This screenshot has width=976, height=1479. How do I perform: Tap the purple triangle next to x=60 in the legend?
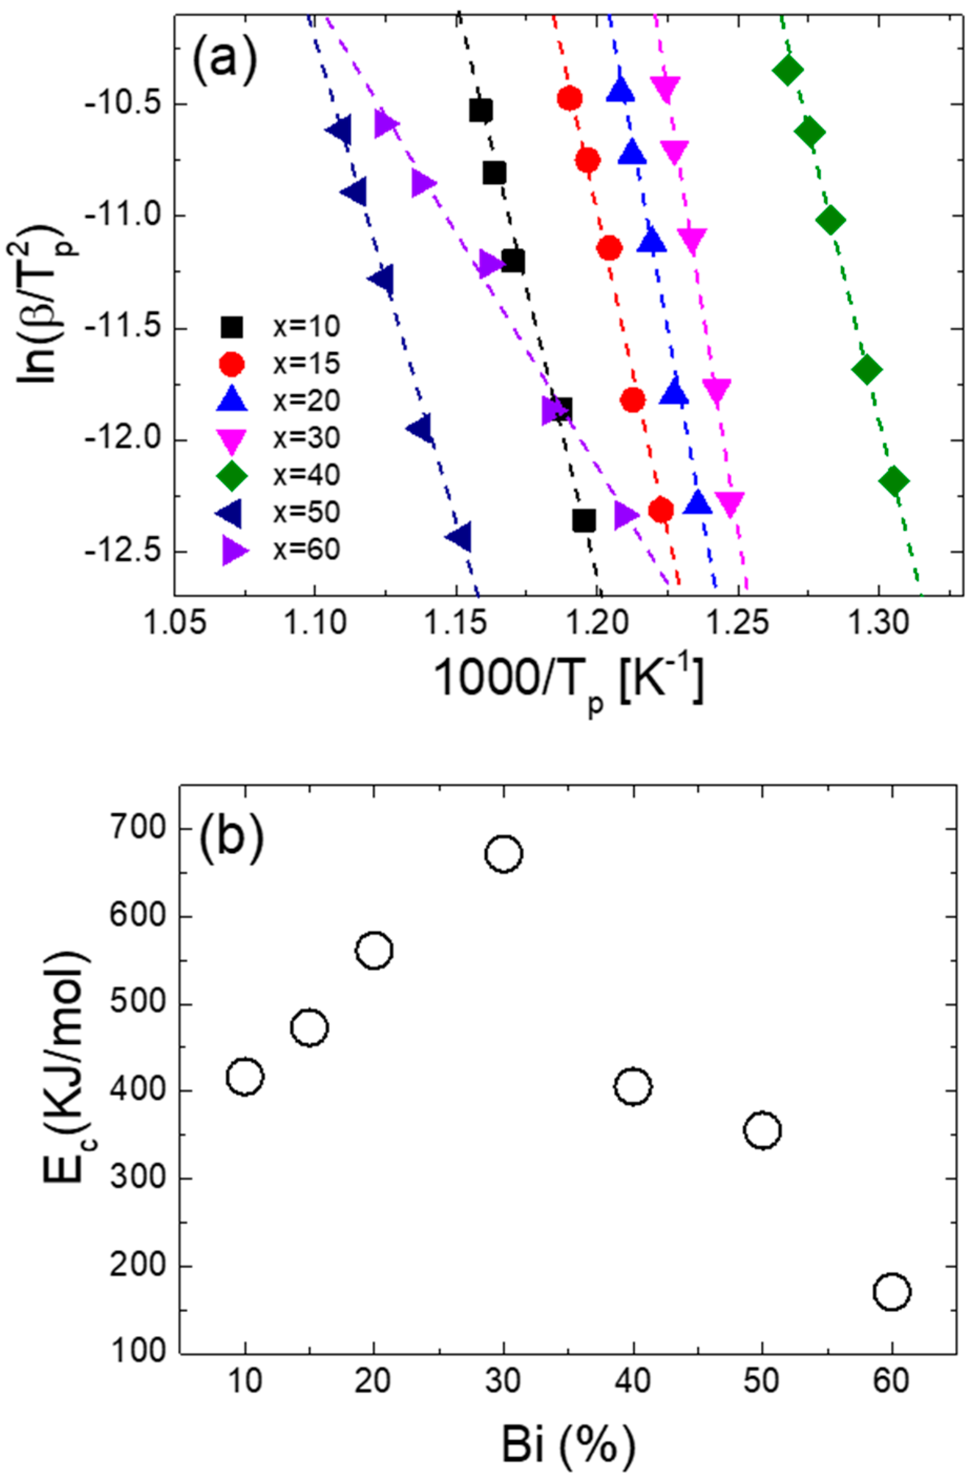(x=235, y=550)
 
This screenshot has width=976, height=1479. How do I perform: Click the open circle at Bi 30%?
(x=503, y=853)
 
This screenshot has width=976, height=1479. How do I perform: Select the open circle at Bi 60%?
(x=892, y=1292)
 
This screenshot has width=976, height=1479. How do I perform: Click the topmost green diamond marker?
(x=788, y=70)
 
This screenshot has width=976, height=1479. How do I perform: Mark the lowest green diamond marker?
(x=894, y=481)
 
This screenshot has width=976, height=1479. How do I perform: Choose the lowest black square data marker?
(x=584, y=520)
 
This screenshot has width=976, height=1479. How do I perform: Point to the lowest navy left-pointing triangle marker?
(x=459, y=538)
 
